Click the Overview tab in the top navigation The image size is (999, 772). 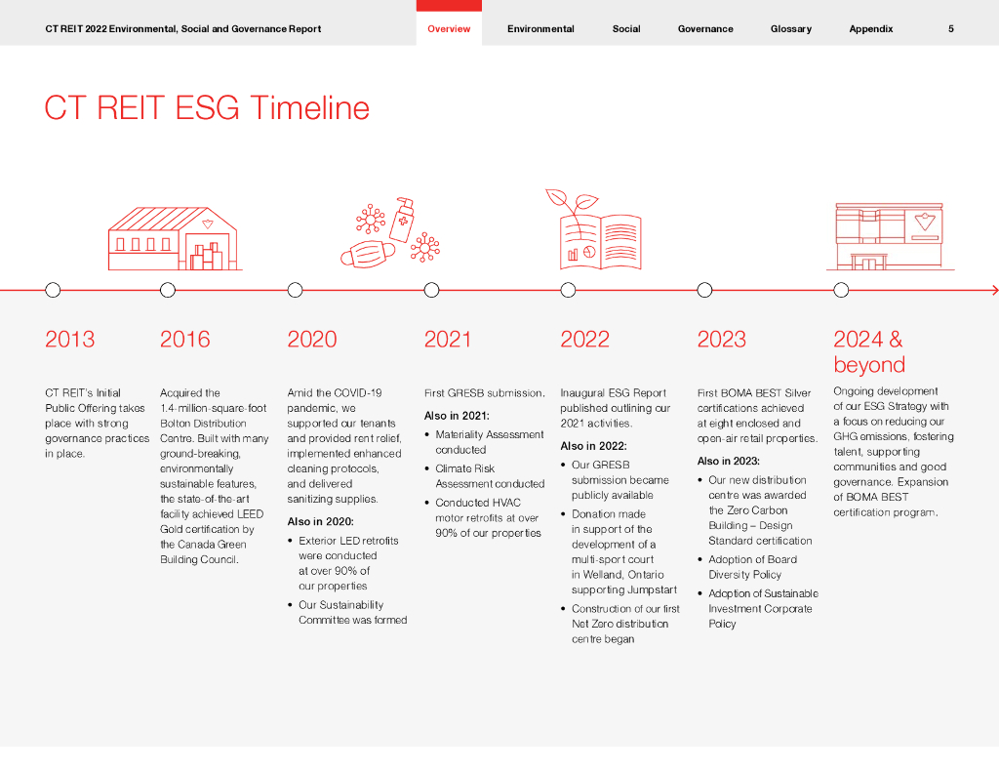pos(449,28)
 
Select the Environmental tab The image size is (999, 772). pos(540,28)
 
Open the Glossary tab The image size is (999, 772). pos(790,28)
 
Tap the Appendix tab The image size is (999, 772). pos(871,28)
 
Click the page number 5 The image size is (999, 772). pos(950,28)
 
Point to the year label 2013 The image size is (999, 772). pos(69,339)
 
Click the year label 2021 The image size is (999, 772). pos(447,339)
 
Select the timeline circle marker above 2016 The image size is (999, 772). pos(168,290)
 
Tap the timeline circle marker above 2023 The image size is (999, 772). pos(704,290)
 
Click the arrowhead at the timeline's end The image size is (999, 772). pos(995,290)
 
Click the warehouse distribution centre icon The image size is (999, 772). pos(175,238)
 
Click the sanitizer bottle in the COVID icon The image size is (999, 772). pos(402,220)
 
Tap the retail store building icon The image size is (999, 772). pos(890,236)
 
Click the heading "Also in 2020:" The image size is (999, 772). pos(320,521)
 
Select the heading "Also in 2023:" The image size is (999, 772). pos(728,461)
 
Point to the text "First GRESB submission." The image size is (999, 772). pos(484,392)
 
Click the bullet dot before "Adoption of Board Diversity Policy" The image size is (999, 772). pos(700,559)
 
